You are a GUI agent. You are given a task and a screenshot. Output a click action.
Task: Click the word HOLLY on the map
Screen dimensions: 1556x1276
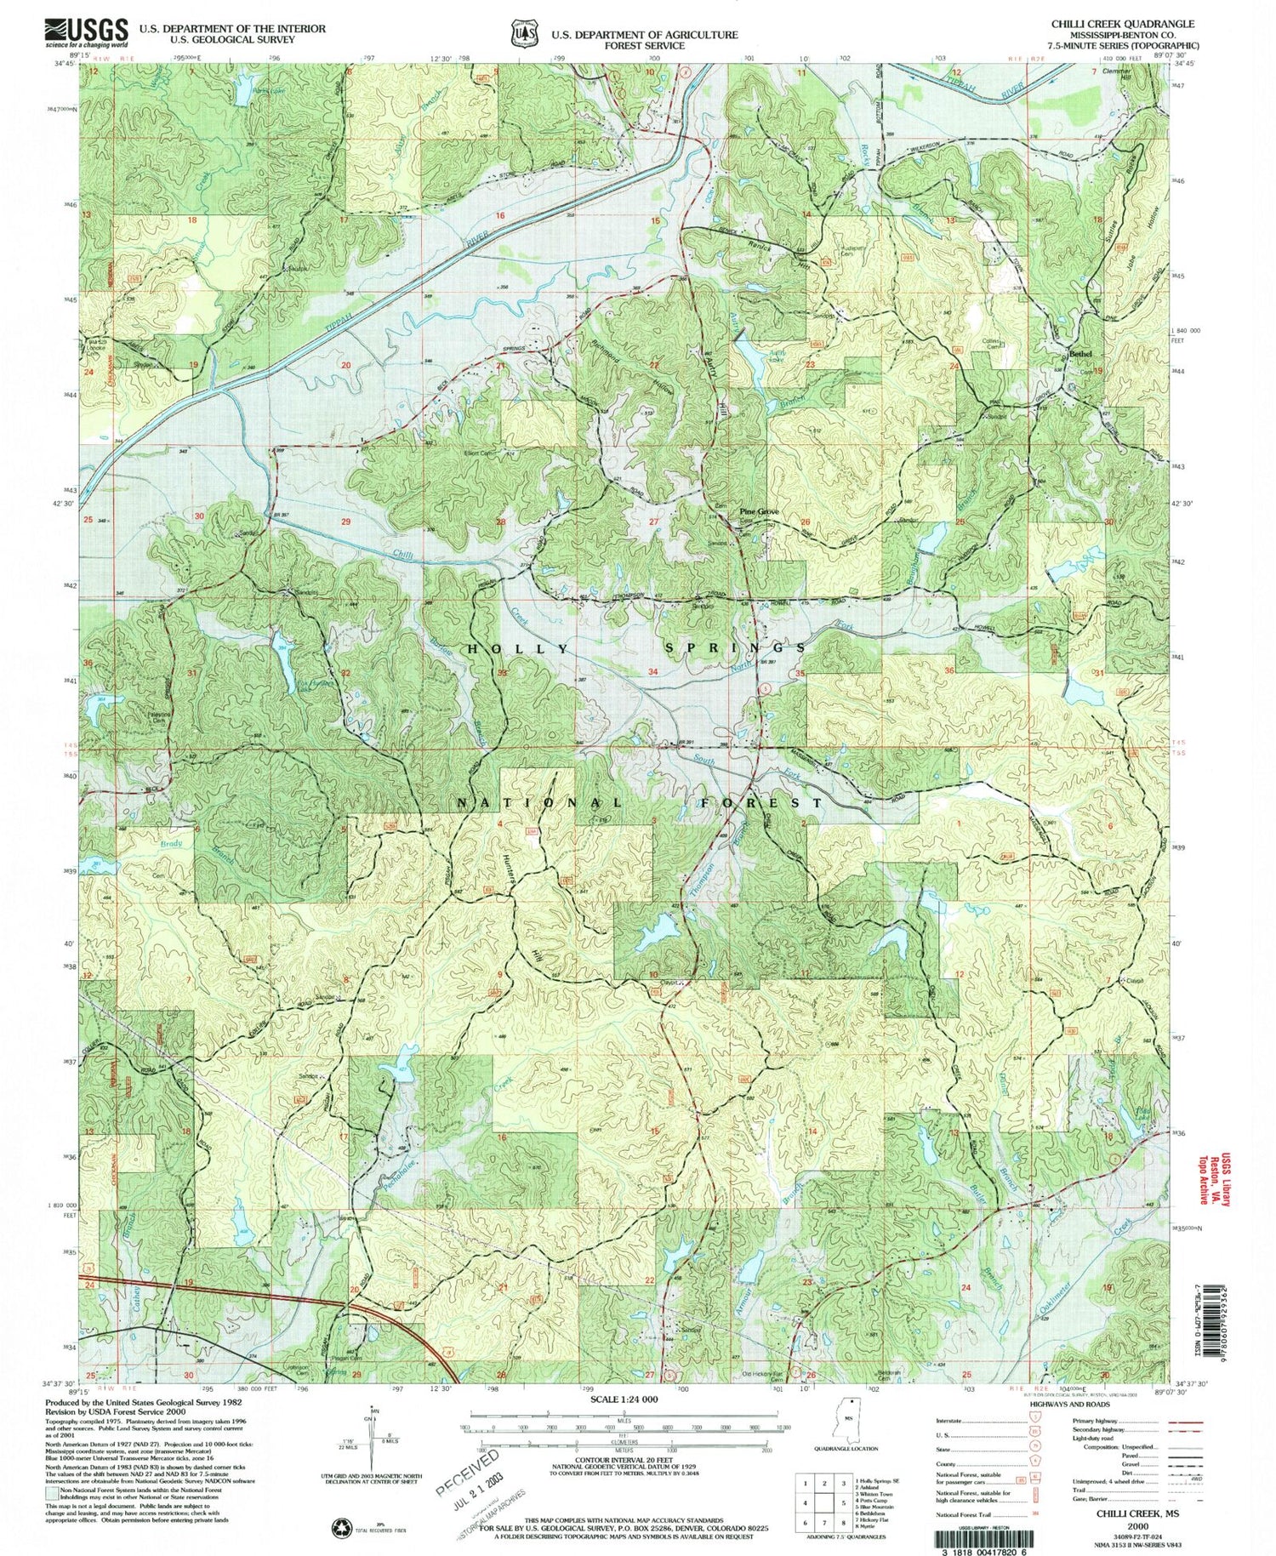coord(519,648)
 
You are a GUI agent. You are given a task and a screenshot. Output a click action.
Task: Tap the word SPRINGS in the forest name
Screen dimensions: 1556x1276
coord(733,648)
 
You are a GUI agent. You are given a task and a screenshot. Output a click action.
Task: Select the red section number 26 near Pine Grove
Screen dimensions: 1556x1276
coord(804,522)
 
